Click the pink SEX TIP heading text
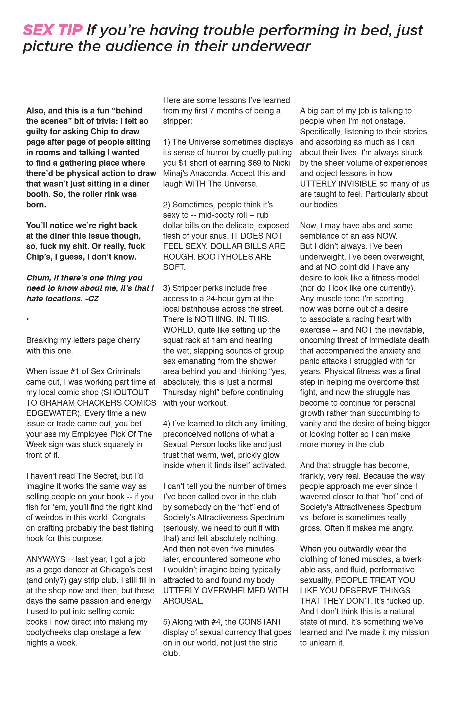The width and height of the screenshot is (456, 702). coord(53,30)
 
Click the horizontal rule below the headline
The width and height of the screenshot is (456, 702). coord(227,81)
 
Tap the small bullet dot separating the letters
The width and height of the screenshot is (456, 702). coord(27,319)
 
